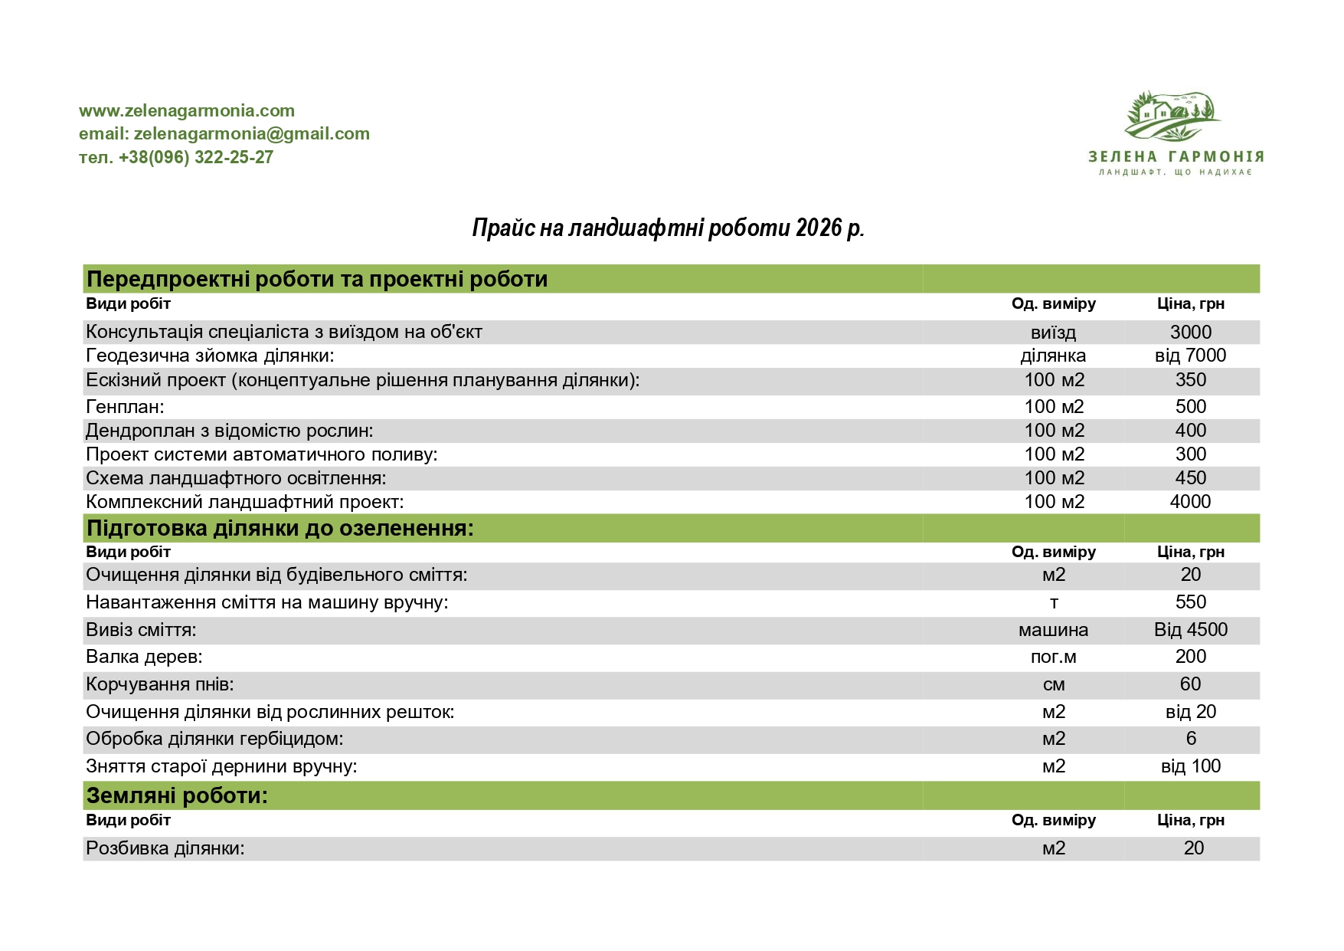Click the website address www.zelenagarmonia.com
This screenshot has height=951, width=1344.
point(187,111)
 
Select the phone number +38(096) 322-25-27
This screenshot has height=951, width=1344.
point(195,158)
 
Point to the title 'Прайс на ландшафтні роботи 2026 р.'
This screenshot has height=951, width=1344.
point(668,228)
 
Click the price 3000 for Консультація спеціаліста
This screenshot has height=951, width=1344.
point(1190,333)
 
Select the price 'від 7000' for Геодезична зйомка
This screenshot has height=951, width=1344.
point(1190,356)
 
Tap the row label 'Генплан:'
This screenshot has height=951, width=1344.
point(125,407)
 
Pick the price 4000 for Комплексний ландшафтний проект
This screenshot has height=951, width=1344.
point(1190,502)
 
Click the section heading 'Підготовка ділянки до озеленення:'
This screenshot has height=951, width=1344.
point(280,529)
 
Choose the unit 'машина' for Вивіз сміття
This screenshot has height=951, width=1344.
point(1053,630)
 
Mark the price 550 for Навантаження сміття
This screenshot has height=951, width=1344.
point(1190,602)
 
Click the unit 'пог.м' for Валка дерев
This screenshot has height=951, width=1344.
point(1053,657)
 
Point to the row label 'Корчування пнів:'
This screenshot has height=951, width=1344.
point(160,684)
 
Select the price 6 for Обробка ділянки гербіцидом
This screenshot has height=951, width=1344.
point(1191,739)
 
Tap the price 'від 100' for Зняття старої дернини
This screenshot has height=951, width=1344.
point(1190,766)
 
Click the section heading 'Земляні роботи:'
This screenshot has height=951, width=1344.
point(177,796)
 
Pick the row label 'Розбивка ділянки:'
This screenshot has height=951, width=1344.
point(165,848)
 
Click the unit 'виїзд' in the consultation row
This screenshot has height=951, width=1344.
point(1053,333)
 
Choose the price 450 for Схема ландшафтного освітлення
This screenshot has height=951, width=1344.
point(1190,478)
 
